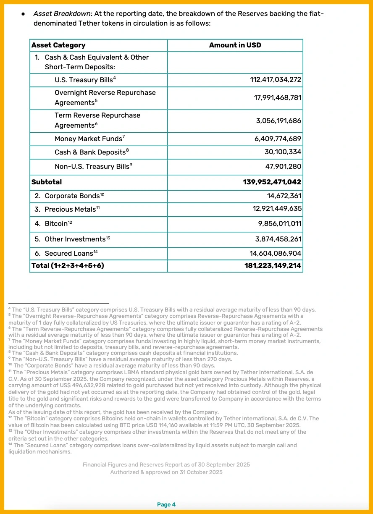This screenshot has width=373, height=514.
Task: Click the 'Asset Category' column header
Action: [58, 45]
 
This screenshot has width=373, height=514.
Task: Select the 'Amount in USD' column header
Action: [235, 45]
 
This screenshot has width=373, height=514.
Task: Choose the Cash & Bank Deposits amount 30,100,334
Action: [283, 152]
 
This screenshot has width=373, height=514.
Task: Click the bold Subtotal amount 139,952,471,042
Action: [272, 182]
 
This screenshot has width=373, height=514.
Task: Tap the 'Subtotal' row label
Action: [47, 182]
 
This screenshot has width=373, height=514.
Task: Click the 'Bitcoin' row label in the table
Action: [56, 224]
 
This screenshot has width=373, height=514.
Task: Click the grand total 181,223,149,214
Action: [273, 265]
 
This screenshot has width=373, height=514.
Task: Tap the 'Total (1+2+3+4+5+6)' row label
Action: [68, 265]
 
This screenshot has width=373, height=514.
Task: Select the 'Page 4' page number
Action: [166, 504]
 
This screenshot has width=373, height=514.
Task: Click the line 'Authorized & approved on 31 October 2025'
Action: [166, 472]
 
